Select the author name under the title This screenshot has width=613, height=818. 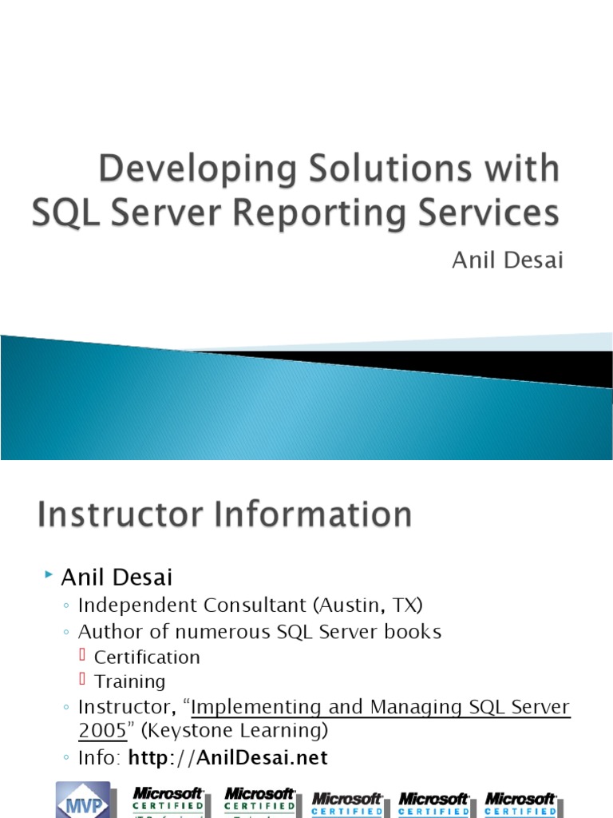(x=508, y=261)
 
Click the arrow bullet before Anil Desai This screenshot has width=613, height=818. (x=49, y=574)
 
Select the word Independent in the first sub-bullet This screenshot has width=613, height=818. (x=134, y=606)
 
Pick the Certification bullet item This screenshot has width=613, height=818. (x=147, y=657)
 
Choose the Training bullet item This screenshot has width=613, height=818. (x=130, y=681)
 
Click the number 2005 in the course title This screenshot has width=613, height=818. (x=102, y=732)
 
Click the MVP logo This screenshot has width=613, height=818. (x=83, y=800)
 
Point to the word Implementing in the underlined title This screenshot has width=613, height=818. (x=255, y=707)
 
